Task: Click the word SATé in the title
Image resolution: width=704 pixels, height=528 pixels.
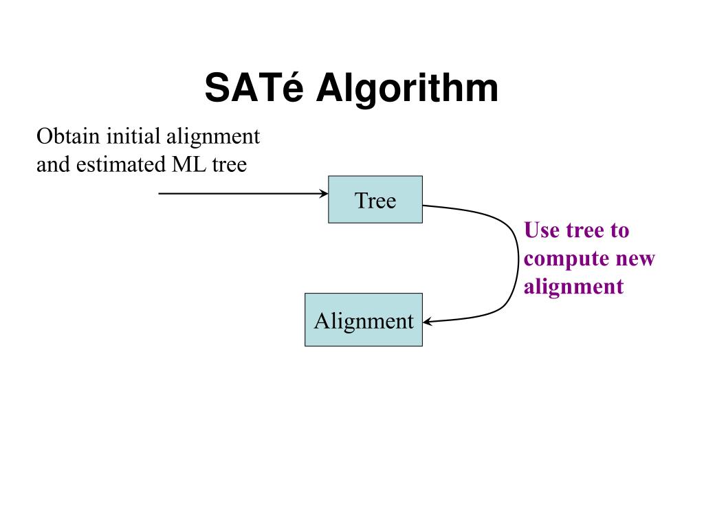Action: click(x=254, y=89)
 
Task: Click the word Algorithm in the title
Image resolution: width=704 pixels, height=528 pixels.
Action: click(x=407, y=89)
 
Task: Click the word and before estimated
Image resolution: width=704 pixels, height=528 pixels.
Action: click(x=54, y=165)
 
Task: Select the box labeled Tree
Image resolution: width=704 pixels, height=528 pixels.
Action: click(x=375, y=199)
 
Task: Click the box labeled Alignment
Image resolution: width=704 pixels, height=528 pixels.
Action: click(x=363, y=320)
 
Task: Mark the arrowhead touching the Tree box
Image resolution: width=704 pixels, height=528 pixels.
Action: click(x=324, y=194)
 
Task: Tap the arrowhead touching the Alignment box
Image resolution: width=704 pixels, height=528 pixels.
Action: click(x=427, y=321)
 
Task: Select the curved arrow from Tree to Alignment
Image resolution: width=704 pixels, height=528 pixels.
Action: click(x=517, y=261)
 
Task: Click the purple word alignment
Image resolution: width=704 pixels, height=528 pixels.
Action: click(x=573, y=286)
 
